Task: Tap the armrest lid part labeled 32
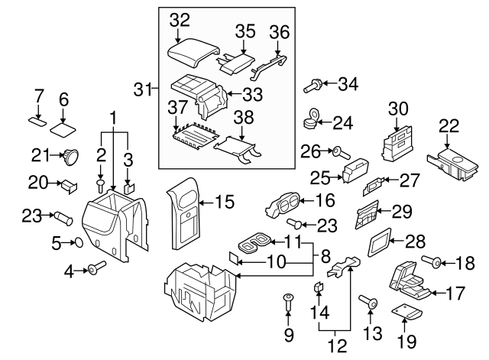pyautogui.click(x=189, y=55)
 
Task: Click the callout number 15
pyautogui.click(x=223, y=203)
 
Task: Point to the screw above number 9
pyautogui.click(x=289, y=300)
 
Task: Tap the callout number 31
pyautogui.click(x=141, y=89)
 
